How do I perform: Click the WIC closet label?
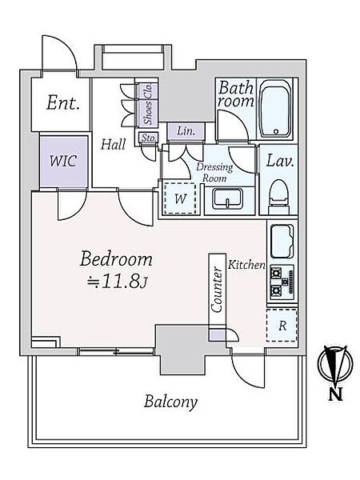click(x=63, y=161)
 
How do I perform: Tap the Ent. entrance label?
click(x=62, y=103)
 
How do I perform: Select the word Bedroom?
click(x=116, y=259)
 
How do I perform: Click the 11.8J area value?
click(x=118, y=282)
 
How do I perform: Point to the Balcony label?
click(x=170, y=402)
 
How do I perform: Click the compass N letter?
click(x=335, y=394)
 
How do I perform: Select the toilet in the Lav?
click(x=279, y=196)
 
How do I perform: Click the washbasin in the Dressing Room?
click(x=228, y=198)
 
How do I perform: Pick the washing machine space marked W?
click(x=180, y=198)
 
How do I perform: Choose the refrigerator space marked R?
click(x=282, y=326)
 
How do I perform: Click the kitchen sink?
click(x=282, y=242)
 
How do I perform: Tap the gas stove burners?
click(x=282, y=282)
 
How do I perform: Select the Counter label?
click(x=218, y=290)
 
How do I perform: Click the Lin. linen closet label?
click(x=186, y=131)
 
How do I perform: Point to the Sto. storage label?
click(x=149, y=138)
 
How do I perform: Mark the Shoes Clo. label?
click(x=149, y=104)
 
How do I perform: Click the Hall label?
click(x=114, y=144)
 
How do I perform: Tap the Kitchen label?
click(x=246, y=265)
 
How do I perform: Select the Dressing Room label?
click(x=214, y=172)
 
